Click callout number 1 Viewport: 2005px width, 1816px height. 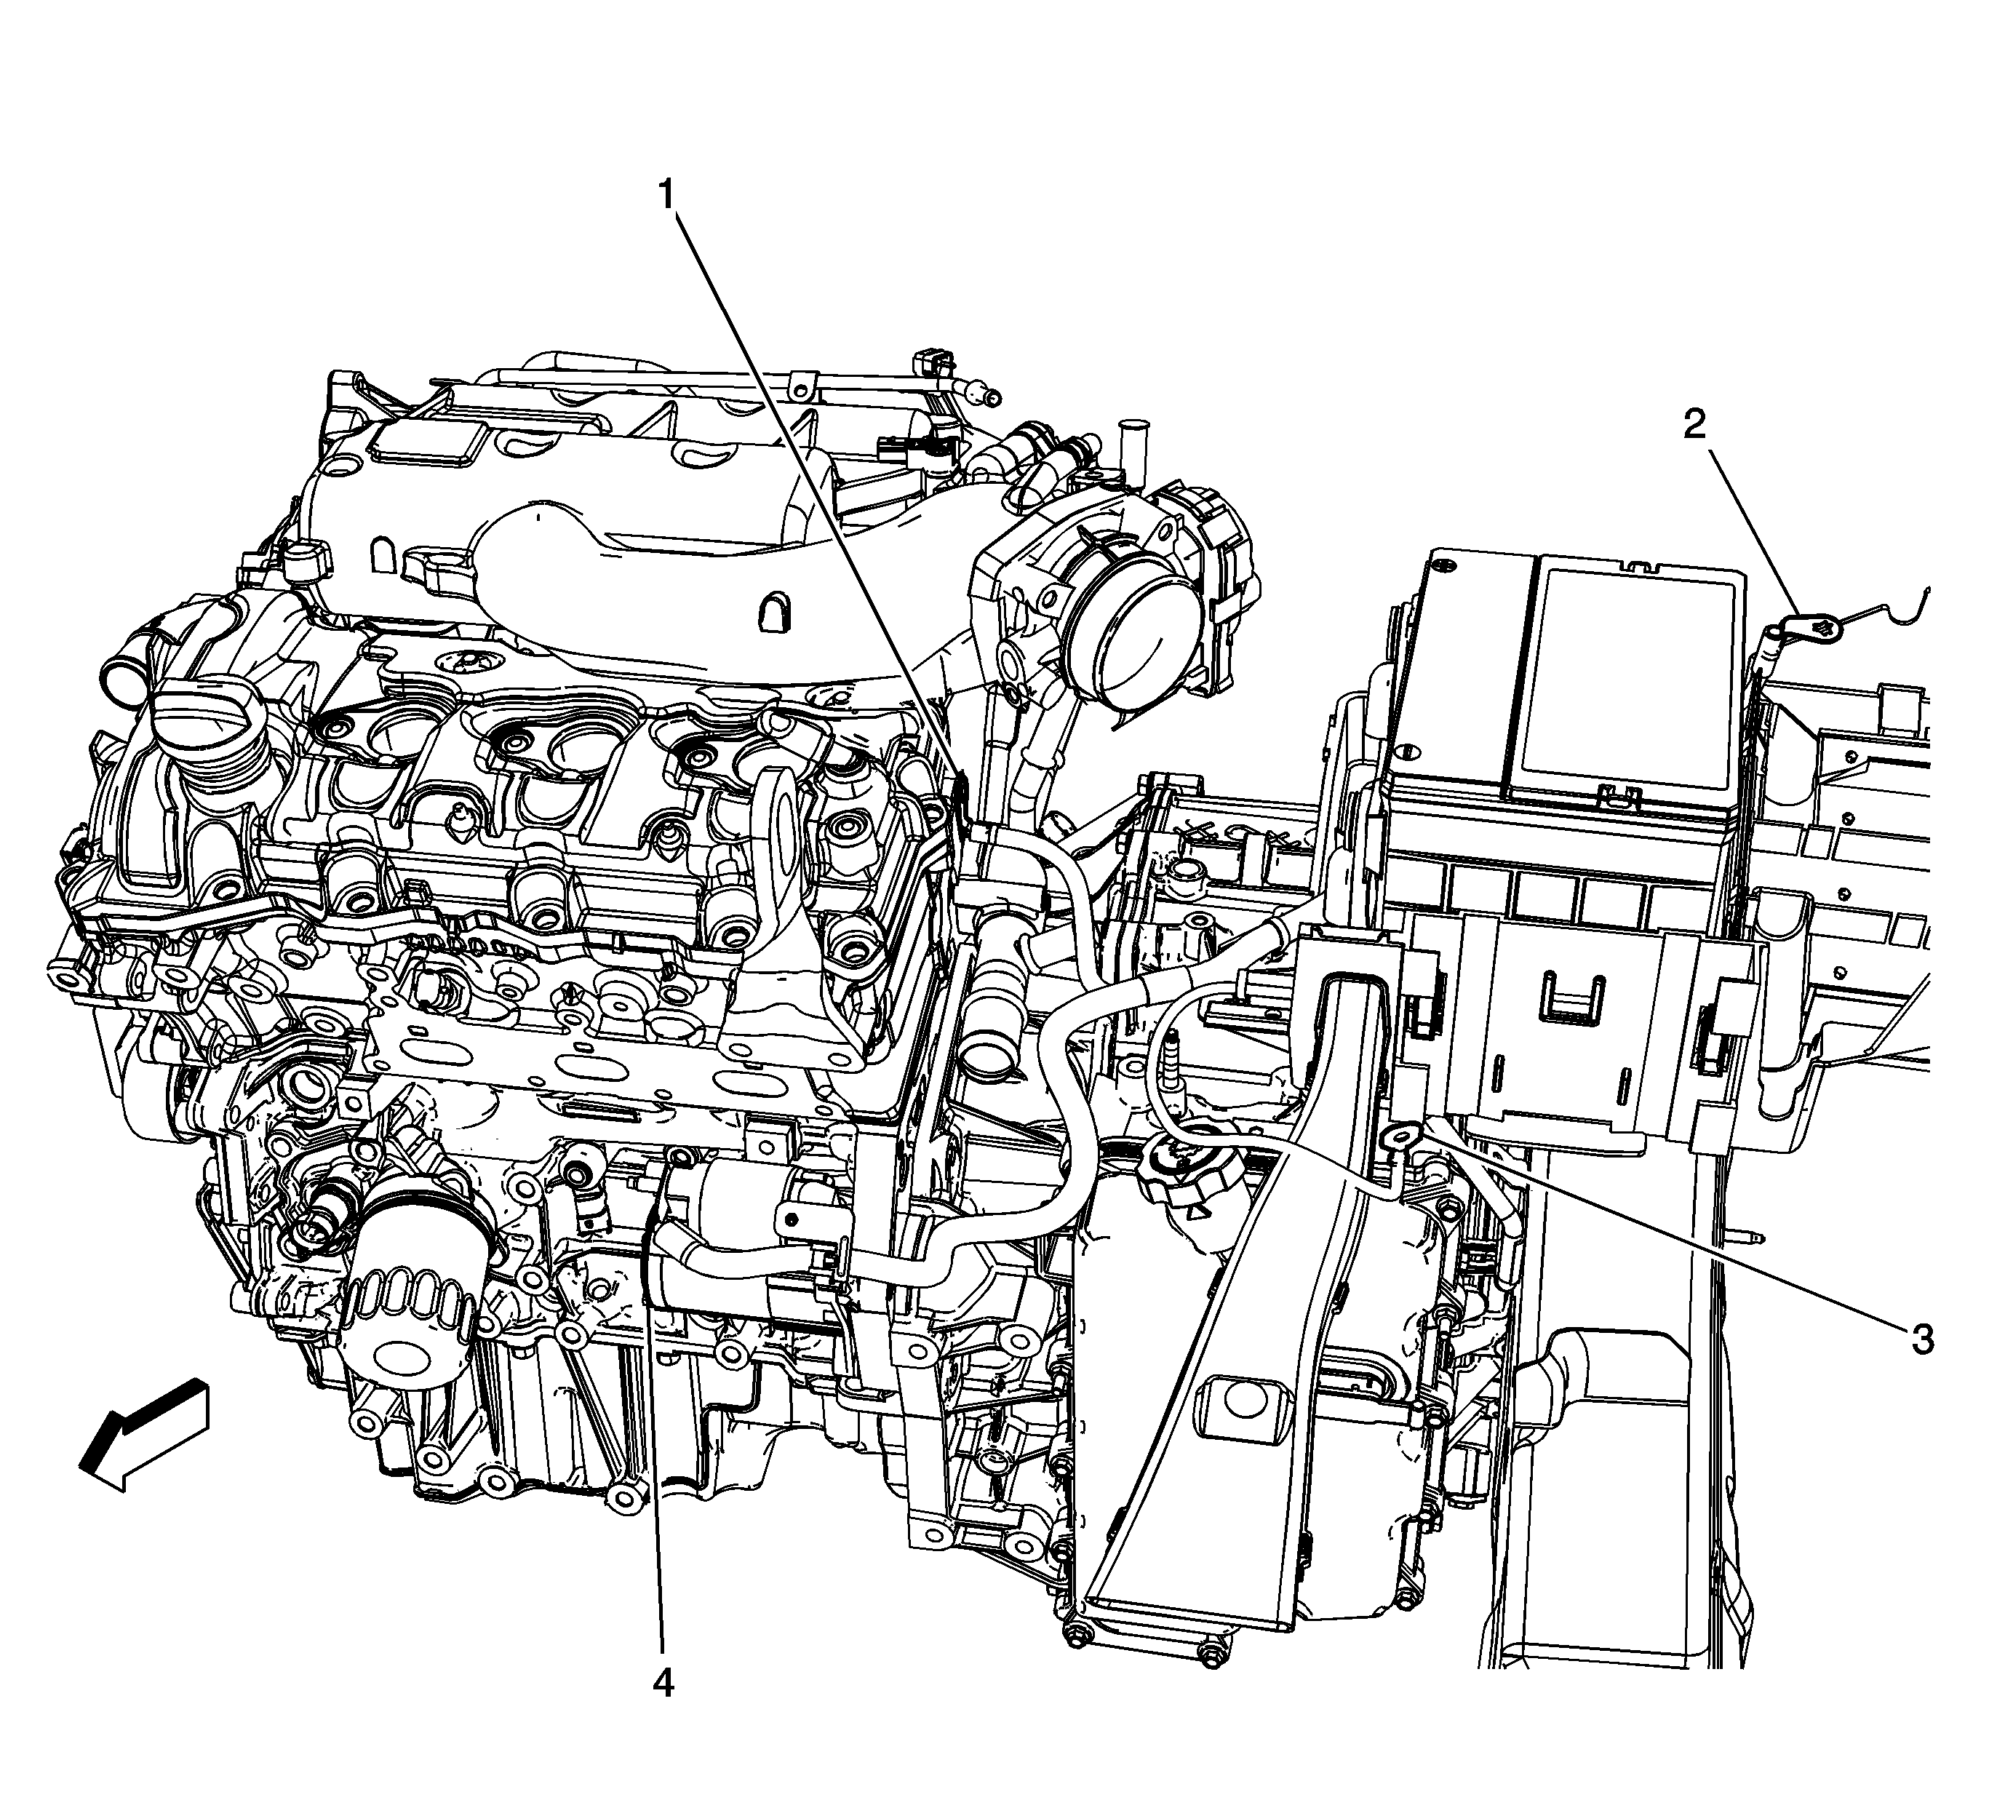[669, 194]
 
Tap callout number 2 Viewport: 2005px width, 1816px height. [1694, 425]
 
